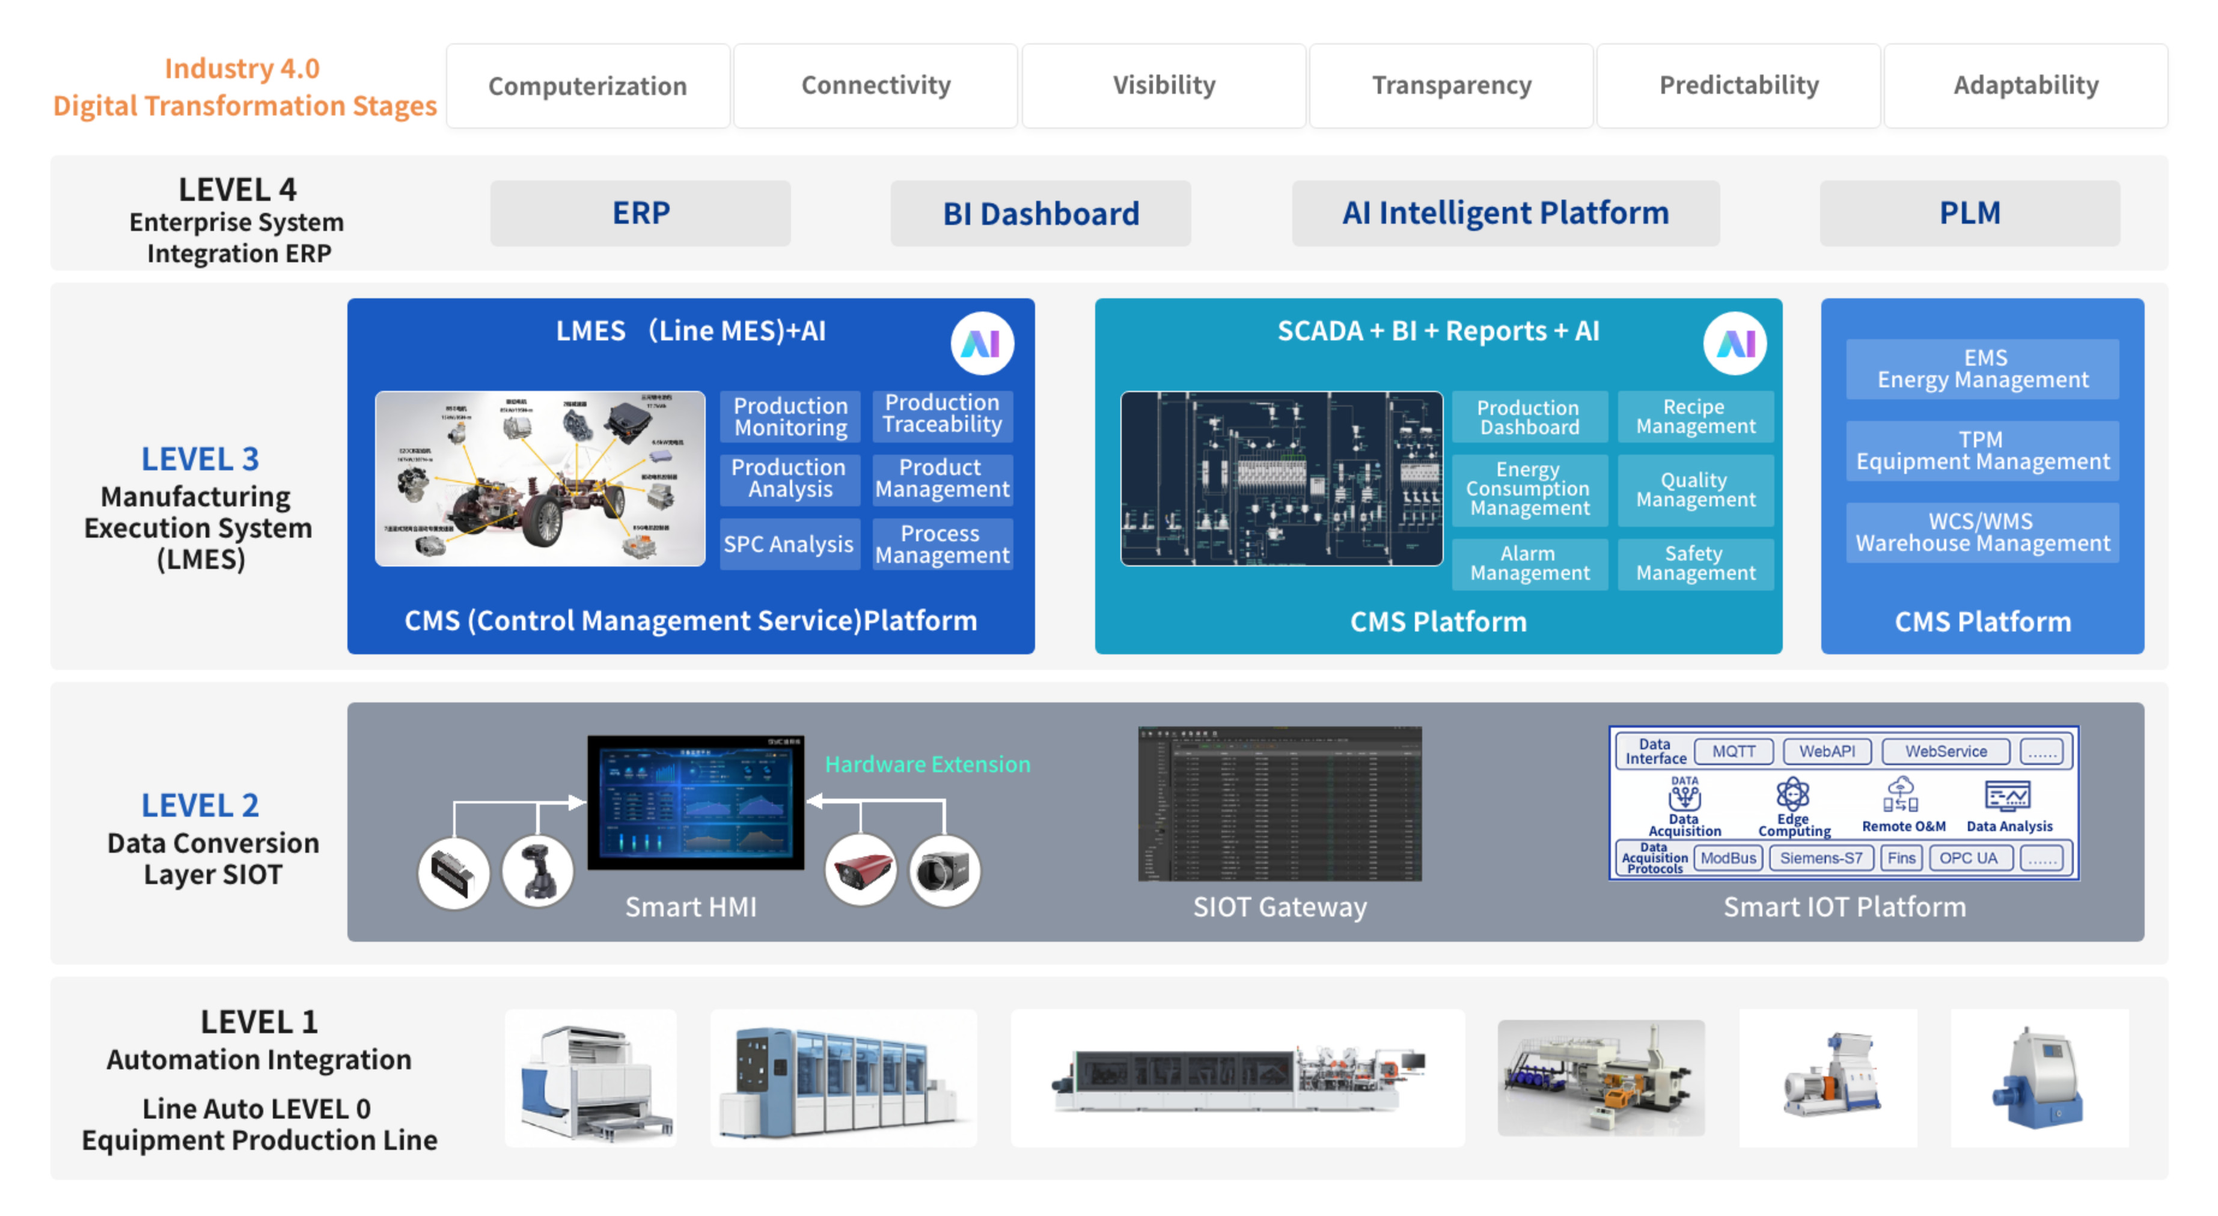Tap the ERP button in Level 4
[x=641, y=213]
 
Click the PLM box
[x=1969, y=213]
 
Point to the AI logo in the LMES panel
[x=982, y=343]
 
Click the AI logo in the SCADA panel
[x=1735, y=343]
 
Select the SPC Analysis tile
[x=789, y=544]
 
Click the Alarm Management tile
[x=1529, y=564]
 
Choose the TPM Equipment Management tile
[x=1982, y=450]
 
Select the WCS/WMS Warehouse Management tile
[x=1982, y=532]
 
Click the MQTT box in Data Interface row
[x=1734, y=751]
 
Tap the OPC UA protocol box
[x=1969, y=858]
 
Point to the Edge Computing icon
[x=1792, y=794]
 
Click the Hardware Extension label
[x=927, y=764]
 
